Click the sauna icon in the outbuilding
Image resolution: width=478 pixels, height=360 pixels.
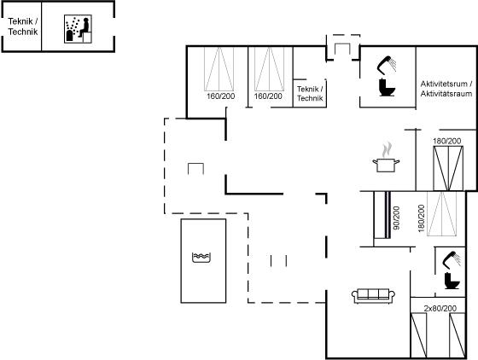78,29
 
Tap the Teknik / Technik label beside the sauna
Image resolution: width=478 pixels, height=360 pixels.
23,26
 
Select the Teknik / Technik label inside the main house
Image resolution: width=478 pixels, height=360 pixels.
310,94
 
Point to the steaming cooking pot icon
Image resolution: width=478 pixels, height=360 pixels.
386,158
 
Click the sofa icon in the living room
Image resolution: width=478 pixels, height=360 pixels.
374,296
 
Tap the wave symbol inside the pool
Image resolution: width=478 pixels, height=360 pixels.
201,258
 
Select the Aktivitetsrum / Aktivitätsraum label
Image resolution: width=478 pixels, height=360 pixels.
446,89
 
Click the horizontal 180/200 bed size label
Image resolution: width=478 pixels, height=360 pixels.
447,141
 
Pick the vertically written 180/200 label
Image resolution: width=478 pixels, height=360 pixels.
422,218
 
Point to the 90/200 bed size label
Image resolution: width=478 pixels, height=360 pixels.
396,218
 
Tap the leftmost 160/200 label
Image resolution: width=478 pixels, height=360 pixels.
221,96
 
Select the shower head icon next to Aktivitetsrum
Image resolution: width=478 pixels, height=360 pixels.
387,65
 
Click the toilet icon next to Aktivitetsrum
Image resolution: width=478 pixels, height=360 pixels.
388,87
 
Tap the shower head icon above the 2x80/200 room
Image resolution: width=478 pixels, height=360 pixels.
452,260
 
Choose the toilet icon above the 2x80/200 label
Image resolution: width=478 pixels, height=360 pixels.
452,280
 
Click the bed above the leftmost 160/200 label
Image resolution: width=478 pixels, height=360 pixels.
219,69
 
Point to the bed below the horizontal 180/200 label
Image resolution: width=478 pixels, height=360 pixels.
448,168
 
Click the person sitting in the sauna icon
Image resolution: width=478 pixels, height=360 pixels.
85,27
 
